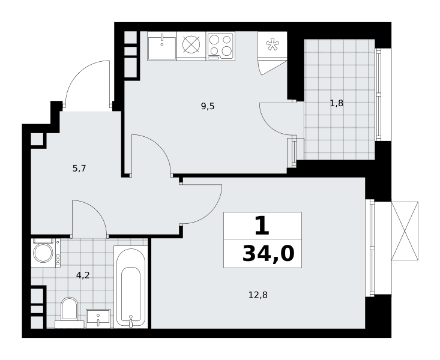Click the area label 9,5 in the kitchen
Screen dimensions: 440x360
[208, 106]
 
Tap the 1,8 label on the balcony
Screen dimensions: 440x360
[337, 104]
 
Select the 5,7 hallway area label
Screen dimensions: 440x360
[79, 169]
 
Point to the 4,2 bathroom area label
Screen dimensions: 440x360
[83, 275]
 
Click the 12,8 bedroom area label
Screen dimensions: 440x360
[258, 295]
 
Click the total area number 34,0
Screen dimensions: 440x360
[268, 254]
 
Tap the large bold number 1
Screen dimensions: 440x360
[262, 226]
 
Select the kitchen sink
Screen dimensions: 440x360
[162, 46]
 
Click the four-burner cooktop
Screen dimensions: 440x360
[220, 46]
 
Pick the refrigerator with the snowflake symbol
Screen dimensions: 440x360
[273, 45]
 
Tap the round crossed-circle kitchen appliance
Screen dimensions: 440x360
[191, 45]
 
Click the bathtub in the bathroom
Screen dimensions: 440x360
[130, 286]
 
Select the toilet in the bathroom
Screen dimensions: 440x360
[69, 312]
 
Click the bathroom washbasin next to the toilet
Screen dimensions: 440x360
[98, 319]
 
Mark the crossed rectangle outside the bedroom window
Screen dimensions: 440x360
[405, 231]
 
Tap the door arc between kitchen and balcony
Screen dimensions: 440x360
[269, 124]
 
